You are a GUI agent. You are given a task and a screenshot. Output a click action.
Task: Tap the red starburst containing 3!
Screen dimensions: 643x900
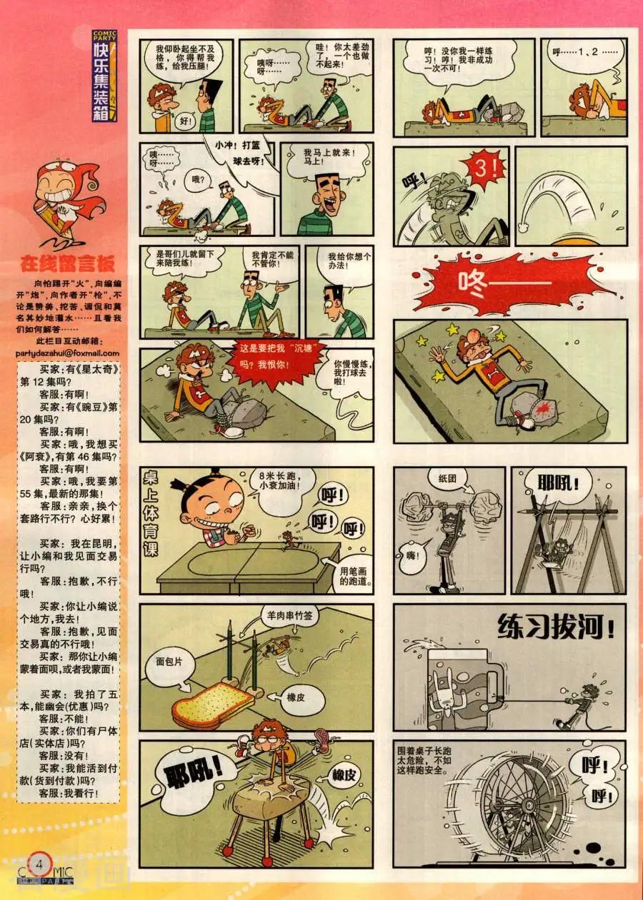point(483,171)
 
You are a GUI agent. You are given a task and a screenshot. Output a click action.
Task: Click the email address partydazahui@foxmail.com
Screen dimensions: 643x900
point(68,353)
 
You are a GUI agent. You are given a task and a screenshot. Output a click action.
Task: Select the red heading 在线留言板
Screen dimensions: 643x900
point(68,263)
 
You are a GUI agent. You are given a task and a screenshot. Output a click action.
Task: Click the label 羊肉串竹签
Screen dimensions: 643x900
point(289,615)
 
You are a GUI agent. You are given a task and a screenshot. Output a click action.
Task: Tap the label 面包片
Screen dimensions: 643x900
point(169,662)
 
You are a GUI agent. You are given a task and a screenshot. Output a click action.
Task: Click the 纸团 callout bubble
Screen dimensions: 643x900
point(447,479)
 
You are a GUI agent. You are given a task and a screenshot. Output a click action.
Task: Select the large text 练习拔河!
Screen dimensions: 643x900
point(555,627)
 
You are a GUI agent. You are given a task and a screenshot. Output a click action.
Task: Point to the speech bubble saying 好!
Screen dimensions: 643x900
point(185,121)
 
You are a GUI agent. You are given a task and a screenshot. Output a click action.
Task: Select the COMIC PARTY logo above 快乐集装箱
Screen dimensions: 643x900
point(104,35)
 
